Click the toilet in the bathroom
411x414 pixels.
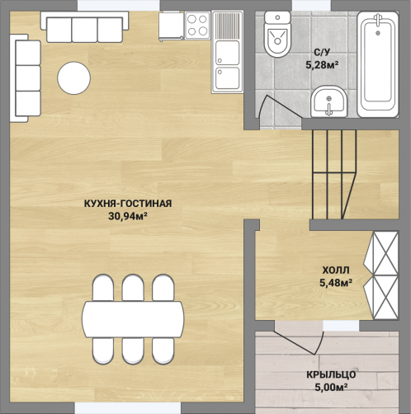coord(277,34)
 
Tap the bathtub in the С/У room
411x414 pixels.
coord(378,64)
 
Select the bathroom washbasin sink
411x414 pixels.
coord(328,101)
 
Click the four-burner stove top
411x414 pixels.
coord(197,26)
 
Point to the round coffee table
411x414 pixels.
coord(73,78)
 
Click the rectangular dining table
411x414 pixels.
coord(133,319)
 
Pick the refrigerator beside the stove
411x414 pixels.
coord(171,26)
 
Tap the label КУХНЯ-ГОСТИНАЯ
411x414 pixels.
coord(128,204)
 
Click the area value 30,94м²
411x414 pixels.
coord(128,216)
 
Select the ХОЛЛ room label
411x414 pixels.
coord(336,271)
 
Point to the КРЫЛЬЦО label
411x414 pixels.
coord(331,374)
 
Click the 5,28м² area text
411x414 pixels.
coord(322,65)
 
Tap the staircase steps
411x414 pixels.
coord(334,174)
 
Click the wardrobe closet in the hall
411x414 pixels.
coord(381,275)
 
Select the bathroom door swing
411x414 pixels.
coord(279,106)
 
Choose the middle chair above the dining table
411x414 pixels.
coord(133,288)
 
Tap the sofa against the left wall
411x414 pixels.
coord(26,78)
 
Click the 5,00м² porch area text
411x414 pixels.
coord(331,388)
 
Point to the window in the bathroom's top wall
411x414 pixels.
coord(311,6)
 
